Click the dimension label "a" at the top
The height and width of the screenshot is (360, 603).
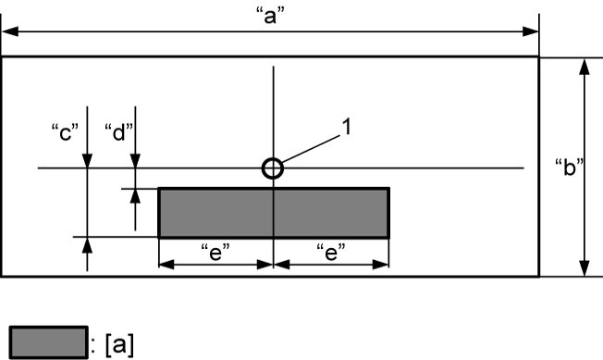pyautogui.click(x=271, y=16)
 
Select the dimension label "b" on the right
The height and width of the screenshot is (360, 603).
pyautogui.click(x=570, y=168)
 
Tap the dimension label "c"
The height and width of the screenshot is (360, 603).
pyautogui.click(x=66, y=132)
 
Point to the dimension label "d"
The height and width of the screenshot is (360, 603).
pyautogui.click(x=119, y=132)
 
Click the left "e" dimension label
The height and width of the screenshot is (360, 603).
pyautogui.click(x=215, y=253)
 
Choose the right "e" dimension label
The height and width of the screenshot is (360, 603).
pyautogui.click(x=331, y=253)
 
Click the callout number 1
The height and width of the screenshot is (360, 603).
pyautogui.click(x=347, y=127)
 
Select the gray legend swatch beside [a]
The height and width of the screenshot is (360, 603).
pyautogui.click(x=49, y=342)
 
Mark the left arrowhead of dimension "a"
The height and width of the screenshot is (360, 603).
pyautogui.click(x=10, y=31)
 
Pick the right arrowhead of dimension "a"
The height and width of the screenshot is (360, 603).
pyautogui.click(x=530, y=31)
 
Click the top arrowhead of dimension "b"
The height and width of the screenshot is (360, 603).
pyautogui.click(x=585, y=67)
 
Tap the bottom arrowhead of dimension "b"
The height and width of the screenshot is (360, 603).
pyautogui.click(x=585, y=268)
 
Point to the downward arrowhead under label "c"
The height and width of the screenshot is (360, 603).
pyautogui.click(x=87, y=160)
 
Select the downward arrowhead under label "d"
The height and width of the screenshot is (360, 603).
pyautogui.click(x=135, y=160)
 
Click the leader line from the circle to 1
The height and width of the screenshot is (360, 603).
pyautogui.click(x=311, y=149)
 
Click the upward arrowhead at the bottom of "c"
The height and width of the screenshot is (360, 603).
pyautogui.click(x=87, y=245)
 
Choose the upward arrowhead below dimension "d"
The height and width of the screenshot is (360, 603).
pyautogui.click(x=135, y=196)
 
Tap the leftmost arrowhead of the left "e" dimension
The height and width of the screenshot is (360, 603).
pyautogui.click(x=166, y=265)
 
